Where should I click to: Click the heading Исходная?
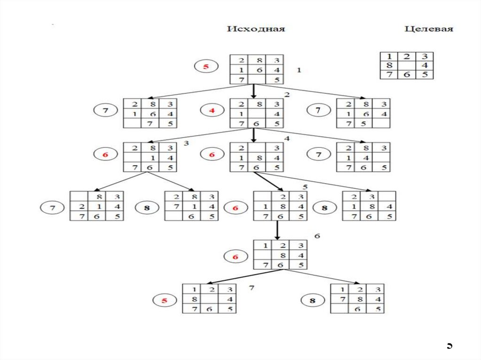tap(256, 29)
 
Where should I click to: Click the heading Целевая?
tap(429, 29)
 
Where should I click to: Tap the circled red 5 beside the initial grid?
tap(205, 67)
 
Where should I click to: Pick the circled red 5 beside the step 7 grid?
tap(164, 300)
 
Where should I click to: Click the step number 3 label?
tap(186, 143)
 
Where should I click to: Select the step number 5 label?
tap(304, 187)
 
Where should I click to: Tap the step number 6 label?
tap(317, 236)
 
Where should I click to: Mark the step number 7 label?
tap(252, 287)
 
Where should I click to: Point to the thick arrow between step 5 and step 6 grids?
tap(278, 230)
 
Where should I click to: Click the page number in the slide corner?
tap(449, 345)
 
